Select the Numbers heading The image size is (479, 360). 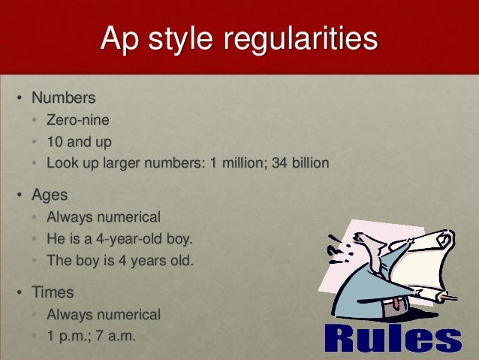click(64, 98)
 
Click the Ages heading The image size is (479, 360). click(50, 195)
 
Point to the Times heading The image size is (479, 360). click(53, 292)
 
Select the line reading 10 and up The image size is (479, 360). click(80, 141)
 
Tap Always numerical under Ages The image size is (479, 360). click(104, 217)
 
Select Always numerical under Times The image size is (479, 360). click(104, 314)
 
